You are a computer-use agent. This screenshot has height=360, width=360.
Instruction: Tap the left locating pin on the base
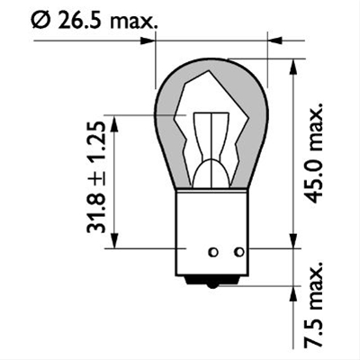tap(213, 253)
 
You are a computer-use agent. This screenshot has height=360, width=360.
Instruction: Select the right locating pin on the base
tap(239, 253)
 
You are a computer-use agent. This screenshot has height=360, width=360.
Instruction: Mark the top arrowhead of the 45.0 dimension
tap(292, 65)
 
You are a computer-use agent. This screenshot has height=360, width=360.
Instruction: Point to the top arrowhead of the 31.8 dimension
tap(114, 121)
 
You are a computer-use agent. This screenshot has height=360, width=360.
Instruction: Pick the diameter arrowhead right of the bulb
tap(274, 40)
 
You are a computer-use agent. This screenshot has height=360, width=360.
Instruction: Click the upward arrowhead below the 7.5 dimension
tap(292, 291)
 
